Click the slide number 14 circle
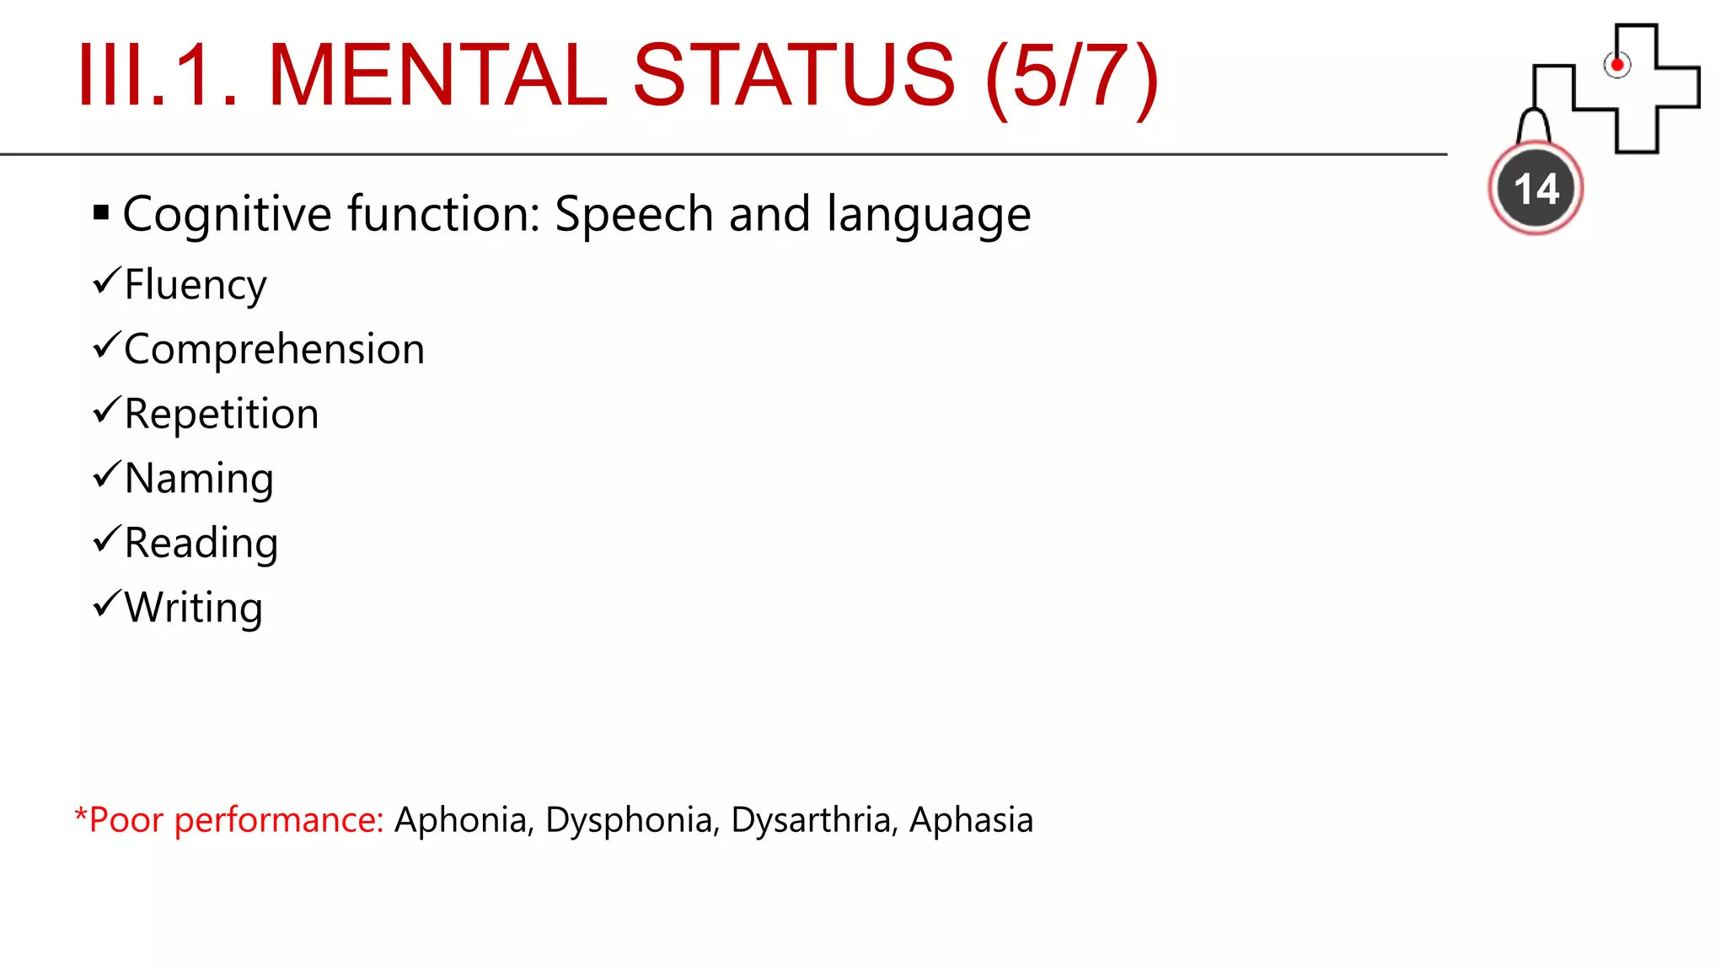[1536, 188]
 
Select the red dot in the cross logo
[1616, 65]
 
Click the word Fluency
[196, 285]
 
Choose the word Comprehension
[274, 349]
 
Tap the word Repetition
[222, 414]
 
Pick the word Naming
[199, 479]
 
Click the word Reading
[201, 543]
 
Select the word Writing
[194, 608]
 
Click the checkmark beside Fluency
[107, 280]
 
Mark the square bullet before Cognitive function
[101, 212]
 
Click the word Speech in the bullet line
[634, 214]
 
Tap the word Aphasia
[971, 820]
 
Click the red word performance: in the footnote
[279, 820]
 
